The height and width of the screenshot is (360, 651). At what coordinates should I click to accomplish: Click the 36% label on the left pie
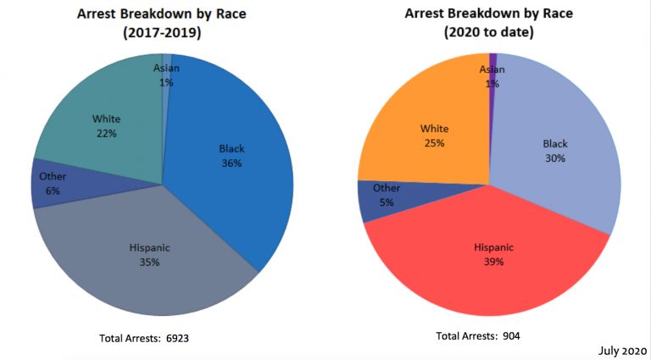(231, 163)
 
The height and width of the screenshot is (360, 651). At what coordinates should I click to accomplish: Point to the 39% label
(493, 262)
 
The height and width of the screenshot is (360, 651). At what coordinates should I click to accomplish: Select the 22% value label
(106, 134)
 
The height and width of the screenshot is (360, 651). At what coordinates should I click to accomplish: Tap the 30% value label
(555, 158)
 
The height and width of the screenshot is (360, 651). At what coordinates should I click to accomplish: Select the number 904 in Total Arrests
(510, 336)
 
